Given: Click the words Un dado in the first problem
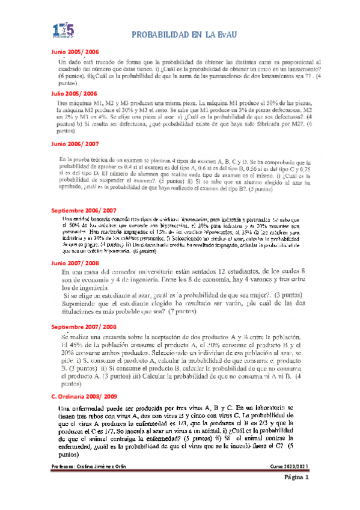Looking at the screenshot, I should coord(71,63).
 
